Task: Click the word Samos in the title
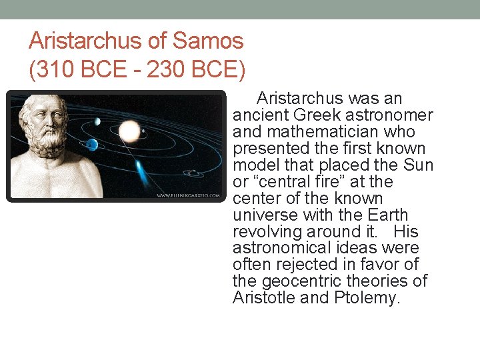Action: click(208, 41)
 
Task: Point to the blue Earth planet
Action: click(91, 145)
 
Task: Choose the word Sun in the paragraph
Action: click(419, 165)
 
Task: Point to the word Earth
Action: click(388, 215)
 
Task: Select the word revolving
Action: click(267, 232)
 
